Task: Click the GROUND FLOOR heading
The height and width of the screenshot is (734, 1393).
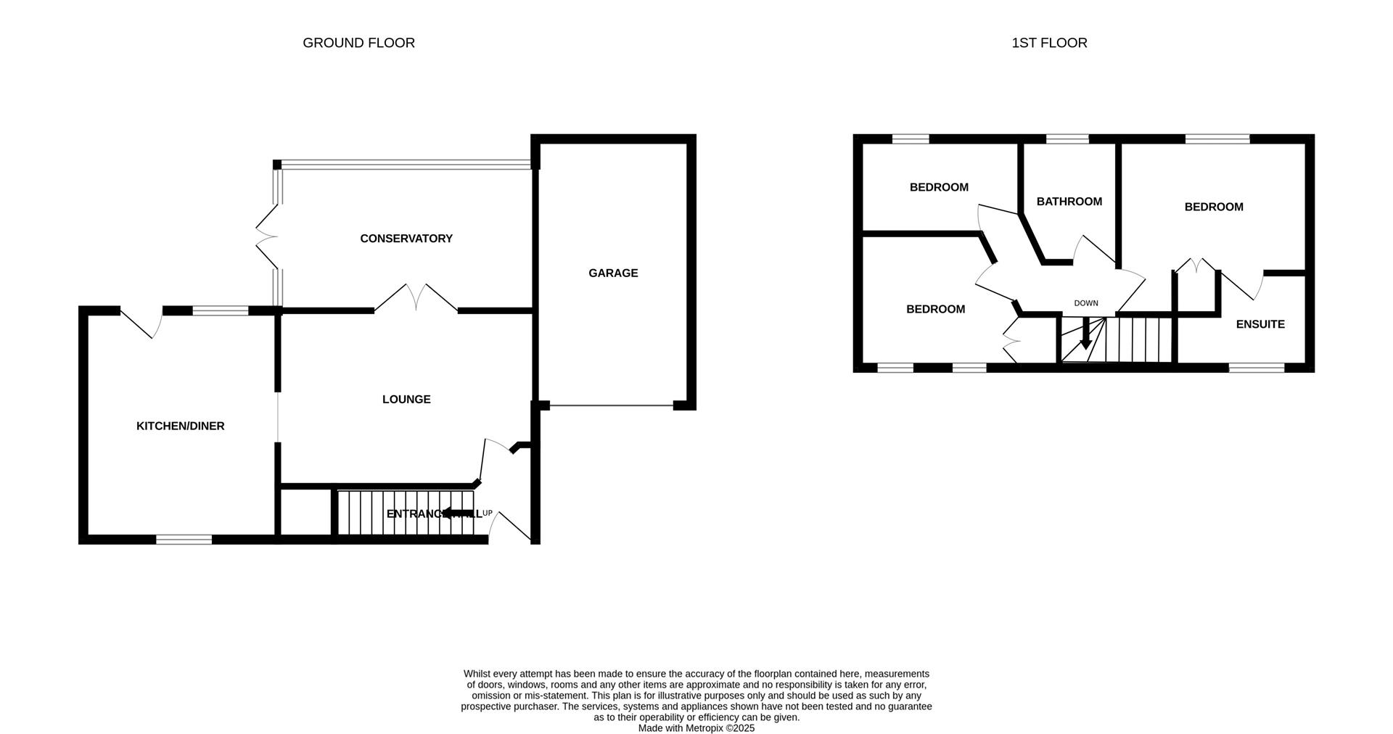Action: [x=358, y=43]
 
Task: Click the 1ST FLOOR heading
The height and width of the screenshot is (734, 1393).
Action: [x=1049, y=43]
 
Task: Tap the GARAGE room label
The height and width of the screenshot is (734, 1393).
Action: [x=613, y=273]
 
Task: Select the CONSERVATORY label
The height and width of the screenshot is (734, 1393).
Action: [x=406, y=239]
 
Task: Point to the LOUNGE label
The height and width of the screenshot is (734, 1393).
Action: [x=406, y=400]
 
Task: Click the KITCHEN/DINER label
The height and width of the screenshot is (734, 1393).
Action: [x=181, y=426]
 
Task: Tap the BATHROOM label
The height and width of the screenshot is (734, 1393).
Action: [x=1069, y=202]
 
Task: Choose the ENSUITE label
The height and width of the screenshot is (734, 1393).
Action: [x=1260, y=324]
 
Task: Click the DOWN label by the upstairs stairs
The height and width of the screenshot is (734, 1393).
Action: [x=1086, y=303]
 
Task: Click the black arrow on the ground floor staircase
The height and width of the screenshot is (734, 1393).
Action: [x=456, y=514]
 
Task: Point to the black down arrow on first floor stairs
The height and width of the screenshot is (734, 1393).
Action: [x=1085, y=336]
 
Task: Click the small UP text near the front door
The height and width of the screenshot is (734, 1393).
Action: [x=488, y=514]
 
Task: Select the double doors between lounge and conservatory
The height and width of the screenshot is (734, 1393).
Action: [x=416, y=298]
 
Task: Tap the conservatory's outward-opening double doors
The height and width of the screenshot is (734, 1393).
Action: [x=266, y=236]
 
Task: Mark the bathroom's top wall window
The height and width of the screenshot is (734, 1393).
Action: [x=1067, y=139]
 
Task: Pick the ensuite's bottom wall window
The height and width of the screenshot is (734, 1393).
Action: [x=1257, y=368]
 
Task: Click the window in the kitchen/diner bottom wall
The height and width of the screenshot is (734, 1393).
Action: [x=184, y=539]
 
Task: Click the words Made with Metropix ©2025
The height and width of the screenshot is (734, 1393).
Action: [x=696, y=728]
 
